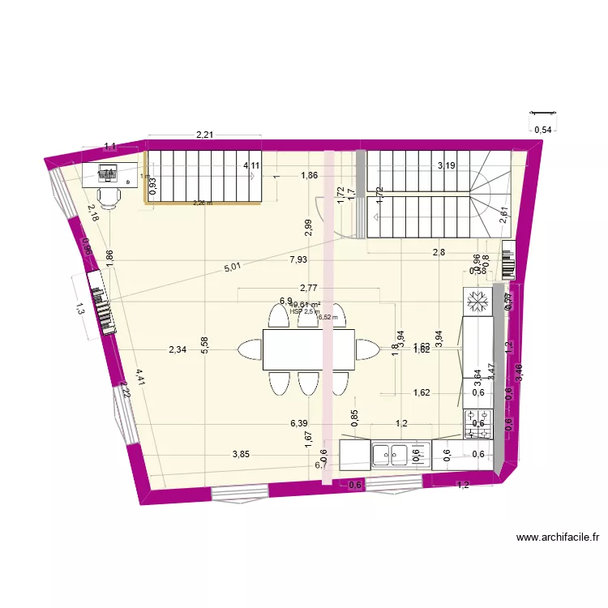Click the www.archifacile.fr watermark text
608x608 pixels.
557,537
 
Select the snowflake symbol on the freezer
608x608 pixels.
477,302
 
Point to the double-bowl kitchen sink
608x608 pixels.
392,454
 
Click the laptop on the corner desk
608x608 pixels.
108,173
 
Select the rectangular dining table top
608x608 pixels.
309,349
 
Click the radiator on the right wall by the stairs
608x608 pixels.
508,260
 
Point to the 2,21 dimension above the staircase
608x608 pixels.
203,135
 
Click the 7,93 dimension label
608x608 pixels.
298,259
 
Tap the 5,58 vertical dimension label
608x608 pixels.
205,345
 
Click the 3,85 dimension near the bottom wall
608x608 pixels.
241,455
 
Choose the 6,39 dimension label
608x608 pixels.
299,423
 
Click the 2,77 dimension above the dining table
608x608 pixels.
308,287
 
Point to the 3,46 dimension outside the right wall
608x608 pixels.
519,373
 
